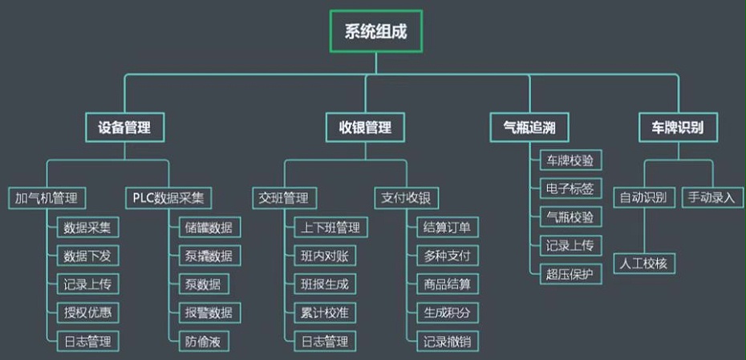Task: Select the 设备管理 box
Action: click(x=124, y=127)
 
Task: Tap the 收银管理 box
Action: click(x=365, y=127)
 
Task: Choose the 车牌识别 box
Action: click(x=678, y=127)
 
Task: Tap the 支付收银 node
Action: click(x=407, y=197)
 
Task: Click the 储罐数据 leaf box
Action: click(x=208, y=227)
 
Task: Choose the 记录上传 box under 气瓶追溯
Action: click(x=570, y=245)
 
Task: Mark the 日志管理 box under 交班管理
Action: click(x=325, y=341)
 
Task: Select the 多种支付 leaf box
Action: click(x=448, y=256)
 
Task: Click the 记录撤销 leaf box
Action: click(x=448, y=341)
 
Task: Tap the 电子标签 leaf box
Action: click(x=570, y=189)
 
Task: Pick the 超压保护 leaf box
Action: click(x=570, y=273)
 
